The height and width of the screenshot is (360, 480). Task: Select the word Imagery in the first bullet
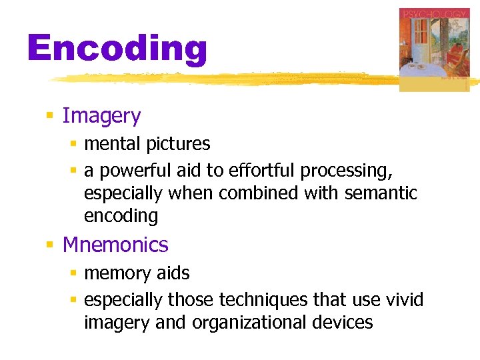(101, 116)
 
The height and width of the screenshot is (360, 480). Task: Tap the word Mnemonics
(115, 245)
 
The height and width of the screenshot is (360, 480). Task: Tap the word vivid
(405, 300)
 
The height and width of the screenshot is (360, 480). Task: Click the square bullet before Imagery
(49, 117)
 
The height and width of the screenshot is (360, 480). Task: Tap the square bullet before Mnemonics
(49, 245)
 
